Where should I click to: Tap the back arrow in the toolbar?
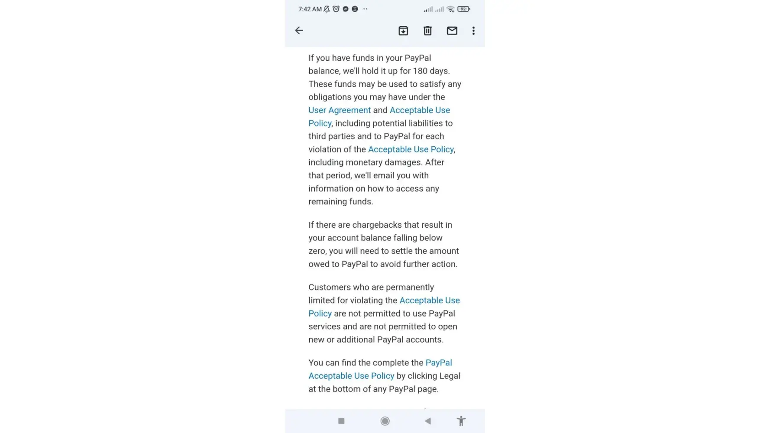(299, 30)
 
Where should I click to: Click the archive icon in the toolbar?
(403, 31)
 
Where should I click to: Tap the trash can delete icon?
(427, 31)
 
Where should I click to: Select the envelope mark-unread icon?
(452, 31)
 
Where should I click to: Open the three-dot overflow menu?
(473, 31)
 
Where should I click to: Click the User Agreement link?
(340, 110)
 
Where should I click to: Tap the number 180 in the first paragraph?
(420, 71)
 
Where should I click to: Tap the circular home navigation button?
(385, 421)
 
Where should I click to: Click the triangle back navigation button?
(427, 421)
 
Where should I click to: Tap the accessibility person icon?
(461, 421)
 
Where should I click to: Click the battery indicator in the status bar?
(463, 9)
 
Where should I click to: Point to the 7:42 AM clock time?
(310, 9)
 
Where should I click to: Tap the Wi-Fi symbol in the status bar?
(450, 9)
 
